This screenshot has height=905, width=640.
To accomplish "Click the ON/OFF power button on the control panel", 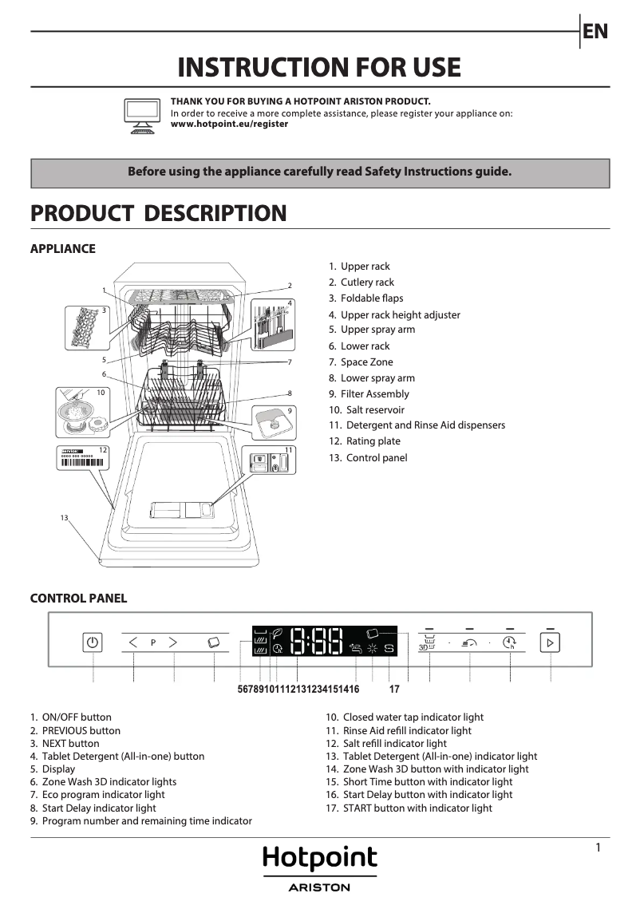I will (x=93, y=642).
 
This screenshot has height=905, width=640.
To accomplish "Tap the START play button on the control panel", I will (x=550, y=642).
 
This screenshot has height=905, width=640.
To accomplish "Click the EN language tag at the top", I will (x=595, y=31).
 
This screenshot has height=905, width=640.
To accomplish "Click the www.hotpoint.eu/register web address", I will (x=229, y=124).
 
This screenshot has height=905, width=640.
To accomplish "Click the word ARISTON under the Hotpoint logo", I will (x=319, y=887).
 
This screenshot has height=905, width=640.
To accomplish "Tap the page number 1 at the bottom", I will (x=598, y=848).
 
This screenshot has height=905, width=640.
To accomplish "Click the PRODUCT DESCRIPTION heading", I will (x=158, y=213).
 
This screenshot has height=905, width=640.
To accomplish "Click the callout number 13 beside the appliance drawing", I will (x=65, y=519).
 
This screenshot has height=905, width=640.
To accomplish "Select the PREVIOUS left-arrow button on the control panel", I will (x=133, y=642).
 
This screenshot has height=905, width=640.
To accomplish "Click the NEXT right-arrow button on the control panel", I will (x=172, y=642).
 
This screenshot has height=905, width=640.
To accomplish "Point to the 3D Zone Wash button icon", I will (x=428, y=643).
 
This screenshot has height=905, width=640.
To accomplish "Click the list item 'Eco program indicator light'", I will (x=103, y=795).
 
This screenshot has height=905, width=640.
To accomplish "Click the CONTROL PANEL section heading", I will (x=78, y=599).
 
